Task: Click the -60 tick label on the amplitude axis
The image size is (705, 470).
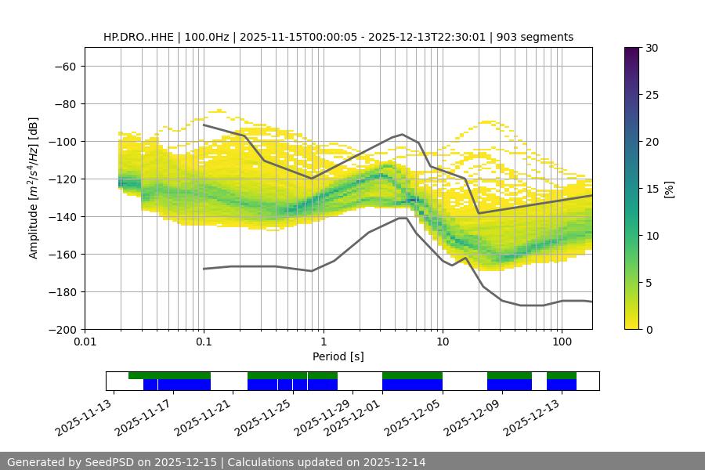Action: click(65, 66)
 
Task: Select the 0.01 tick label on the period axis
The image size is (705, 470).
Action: click(85, 342)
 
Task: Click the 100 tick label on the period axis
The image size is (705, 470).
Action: click(561, 342)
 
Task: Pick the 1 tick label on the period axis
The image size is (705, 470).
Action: click(323, 342)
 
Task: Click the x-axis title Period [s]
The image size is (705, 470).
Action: click(338, 356)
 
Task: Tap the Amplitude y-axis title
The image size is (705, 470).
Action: click(34, 188)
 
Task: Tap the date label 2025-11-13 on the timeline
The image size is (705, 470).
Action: click(85, 418)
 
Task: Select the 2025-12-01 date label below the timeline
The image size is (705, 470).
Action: click(353, 418)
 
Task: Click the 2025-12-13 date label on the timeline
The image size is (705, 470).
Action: click(533, 418)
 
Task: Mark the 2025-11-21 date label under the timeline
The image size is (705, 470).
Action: click(204, 418)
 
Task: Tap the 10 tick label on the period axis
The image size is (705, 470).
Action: click(442, 342)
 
